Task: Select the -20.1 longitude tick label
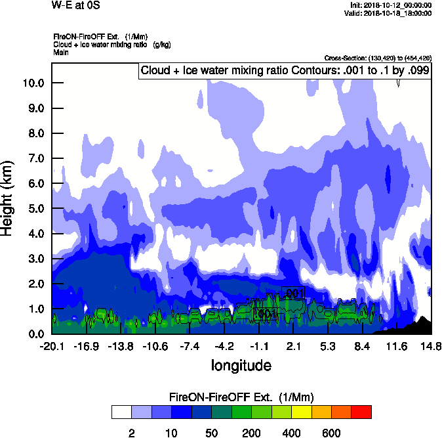click(52, 346)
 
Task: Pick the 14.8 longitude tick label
click(430, 346)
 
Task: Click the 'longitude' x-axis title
click(241, 364)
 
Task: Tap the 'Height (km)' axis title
click(8, 198)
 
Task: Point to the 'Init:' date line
click(391, 5)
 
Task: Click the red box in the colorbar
click(361, 412)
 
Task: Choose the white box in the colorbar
click(121, 412)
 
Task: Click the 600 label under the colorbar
click(331, 432)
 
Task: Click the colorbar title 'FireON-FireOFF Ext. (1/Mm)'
click(241, 397)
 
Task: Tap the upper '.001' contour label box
click(293, 292)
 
